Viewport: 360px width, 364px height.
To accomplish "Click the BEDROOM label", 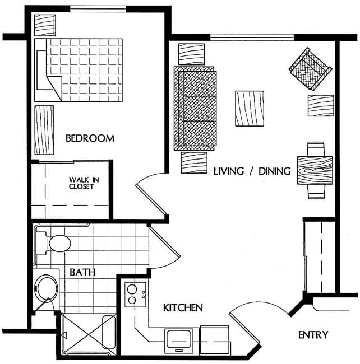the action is coord(90,138).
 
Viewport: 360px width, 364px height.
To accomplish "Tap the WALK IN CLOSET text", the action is coord(84,183).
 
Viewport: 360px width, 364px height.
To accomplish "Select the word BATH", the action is coord(83,272).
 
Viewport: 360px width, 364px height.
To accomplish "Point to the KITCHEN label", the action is coord(183,307).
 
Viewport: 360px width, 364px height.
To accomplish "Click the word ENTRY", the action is coord(313,335).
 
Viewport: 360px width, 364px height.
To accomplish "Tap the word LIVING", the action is coord(229,171).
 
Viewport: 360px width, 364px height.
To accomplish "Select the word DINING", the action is coord(275,171).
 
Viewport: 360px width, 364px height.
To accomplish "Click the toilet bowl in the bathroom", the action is coord(60,243).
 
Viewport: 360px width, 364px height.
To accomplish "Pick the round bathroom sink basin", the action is coord(45,288).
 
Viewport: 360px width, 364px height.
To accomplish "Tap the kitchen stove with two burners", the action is coord(135,295).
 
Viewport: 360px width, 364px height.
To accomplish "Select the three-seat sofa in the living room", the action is coord(195,109).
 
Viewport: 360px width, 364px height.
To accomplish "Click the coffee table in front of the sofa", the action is coord(250,109).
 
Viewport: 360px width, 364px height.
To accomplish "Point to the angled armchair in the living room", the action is coord(310,69).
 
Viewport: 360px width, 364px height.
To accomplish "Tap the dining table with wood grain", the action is coord(315,171).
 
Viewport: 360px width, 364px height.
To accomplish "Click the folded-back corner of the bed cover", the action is coord(56,88).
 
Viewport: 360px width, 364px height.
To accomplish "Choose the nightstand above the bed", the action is coord(45,25).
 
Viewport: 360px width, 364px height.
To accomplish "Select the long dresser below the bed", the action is coord(44,130).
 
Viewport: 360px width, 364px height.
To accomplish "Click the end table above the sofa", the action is coord(191,54).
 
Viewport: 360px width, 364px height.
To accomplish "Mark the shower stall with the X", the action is coord(88,334).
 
